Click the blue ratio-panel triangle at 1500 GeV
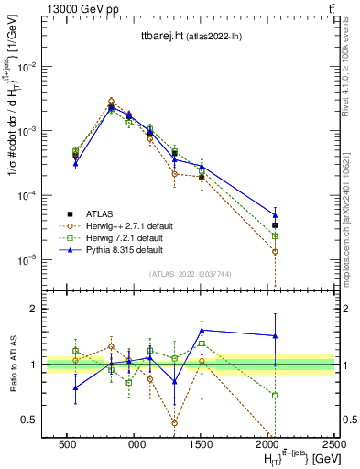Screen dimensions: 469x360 click(202, 330)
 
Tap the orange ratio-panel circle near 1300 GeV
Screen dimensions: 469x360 click(174, 423)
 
